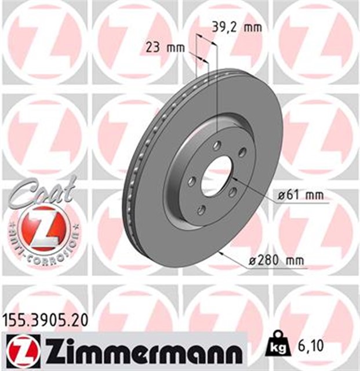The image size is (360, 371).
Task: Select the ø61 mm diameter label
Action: tap(300, 195)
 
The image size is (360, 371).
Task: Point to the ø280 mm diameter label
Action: tap(277, 261)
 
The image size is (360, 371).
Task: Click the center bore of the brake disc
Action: tap(217, 176)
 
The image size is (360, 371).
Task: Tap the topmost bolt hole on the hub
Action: tap(217, 146)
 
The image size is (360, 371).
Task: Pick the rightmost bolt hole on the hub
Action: tap(242, 152)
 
